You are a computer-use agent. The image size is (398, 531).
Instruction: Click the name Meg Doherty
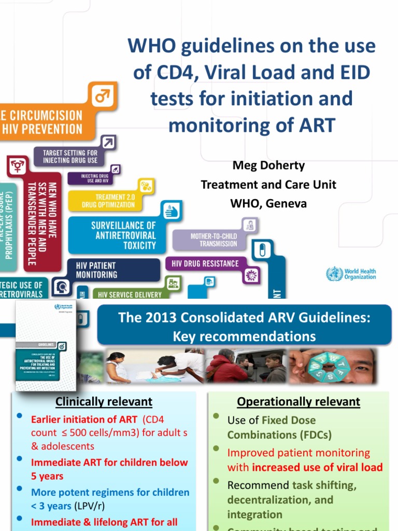(x=268, y=165)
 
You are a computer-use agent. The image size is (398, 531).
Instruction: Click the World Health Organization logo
(x=351, y=274)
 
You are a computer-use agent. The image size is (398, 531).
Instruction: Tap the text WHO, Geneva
(x=268, y=204)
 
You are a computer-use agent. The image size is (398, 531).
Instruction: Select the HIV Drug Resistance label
(x=202, y=264)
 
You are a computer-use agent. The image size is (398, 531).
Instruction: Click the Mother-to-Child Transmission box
(x=213, y=240)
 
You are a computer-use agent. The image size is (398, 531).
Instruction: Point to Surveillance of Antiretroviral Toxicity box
(x=123, y=235)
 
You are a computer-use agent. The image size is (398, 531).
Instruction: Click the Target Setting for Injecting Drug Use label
(x=70, y=157)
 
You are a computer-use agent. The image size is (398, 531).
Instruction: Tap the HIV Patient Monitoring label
(x=96, y=270)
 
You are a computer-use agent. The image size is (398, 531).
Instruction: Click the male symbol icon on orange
(x=102, y=96)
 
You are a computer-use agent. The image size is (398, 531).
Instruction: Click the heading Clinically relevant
(x=104, y=401)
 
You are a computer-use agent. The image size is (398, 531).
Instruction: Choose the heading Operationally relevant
(x=298, y=401)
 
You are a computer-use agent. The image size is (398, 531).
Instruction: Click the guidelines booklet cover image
(x=46, y=346)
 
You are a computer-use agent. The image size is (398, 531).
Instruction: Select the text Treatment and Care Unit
(x=268, y=185)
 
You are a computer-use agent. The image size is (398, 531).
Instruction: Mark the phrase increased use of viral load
(x=317, y=467)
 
